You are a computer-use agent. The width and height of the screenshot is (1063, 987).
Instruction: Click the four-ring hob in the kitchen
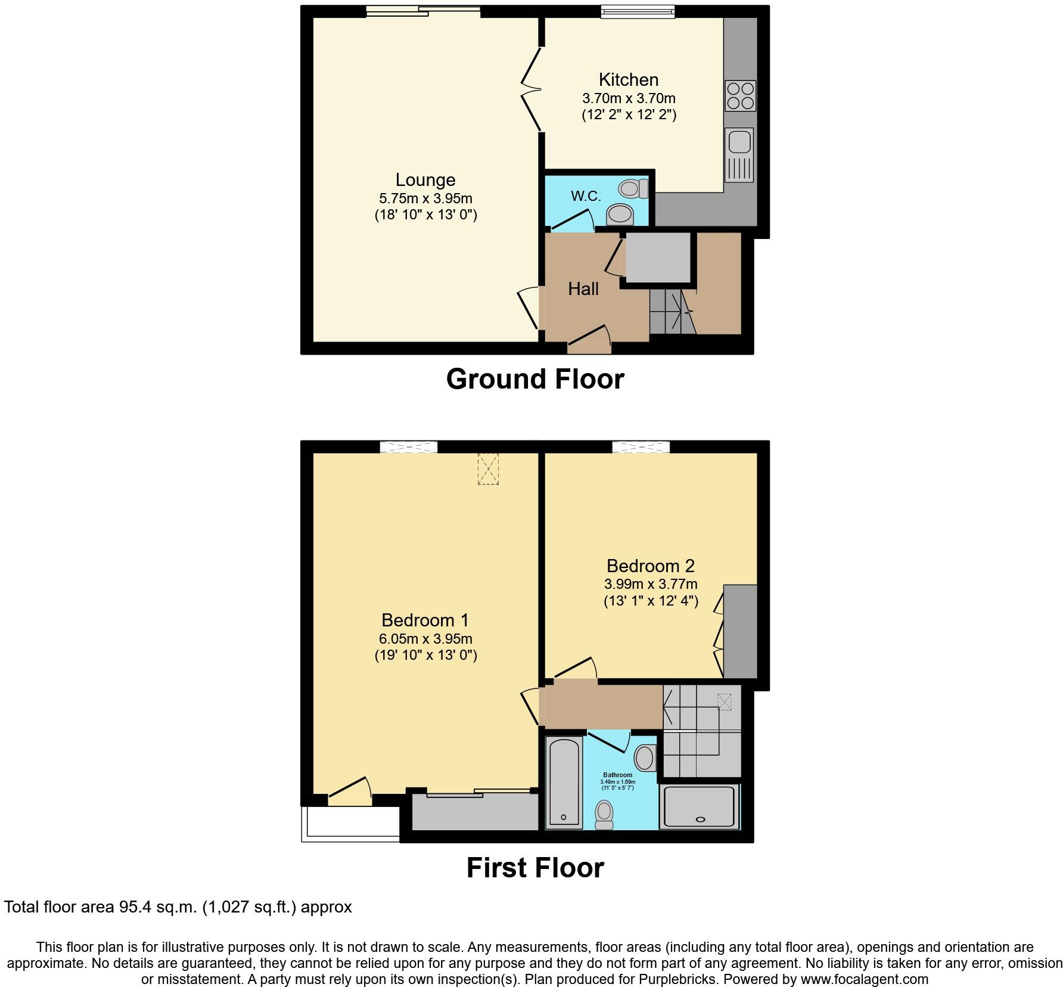click(740, 96)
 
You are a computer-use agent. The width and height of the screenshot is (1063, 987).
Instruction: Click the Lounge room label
click(425, 179)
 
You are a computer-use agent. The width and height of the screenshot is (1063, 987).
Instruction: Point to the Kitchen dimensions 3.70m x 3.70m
click(629, 98)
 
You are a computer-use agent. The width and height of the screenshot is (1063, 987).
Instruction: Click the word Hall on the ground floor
click(583, 289)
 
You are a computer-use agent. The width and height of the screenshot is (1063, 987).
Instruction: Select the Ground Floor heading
click(534, 379)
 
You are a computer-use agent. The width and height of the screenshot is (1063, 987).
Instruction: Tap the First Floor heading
click(534, 868)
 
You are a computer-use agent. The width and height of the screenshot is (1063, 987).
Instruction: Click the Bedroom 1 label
click(425, 620)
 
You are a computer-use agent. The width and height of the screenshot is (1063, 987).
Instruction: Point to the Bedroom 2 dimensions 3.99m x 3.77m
click(651, 584)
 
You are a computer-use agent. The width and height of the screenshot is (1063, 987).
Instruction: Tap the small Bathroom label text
click(617, 775)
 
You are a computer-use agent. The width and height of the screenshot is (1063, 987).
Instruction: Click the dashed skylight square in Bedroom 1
click(488, 468)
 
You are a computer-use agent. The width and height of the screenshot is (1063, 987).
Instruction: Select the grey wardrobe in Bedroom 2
click(740, 631)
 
